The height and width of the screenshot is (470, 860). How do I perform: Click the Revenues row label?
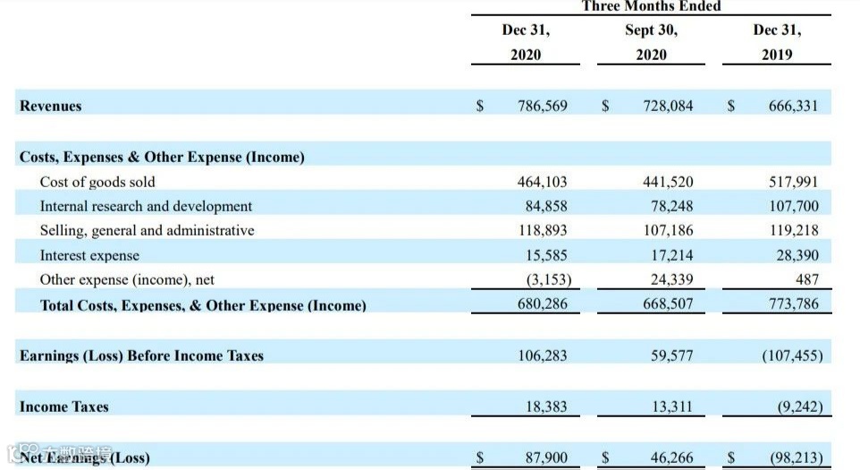pos(51,106)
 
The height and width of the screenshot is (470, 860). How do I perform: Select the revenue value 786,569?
pos(542,106)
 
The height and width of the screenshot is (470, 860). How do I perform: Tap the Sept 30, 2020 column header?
pos(651,42)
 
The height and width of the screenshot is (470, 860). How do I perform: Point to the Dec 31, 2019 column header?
pos(777,42)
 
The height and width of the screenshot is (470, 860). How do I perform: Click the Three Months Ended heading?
pos(651,6)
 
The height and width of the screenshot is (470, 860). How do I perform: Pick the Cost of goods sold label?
pos(97,182)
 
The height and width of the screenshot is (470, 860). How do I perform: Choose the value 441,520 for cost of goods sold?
pos(668,182)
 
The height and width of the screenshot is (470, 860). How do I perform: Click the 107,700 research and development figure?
pos(793,206)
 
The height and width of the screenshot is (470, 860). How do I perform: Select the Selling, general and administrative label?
pos(147,230)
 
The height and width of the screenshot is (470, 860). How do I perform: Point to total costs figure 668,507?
pos(668,304)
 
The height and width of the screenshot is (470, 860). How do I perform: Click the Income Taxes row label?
pos(64,406)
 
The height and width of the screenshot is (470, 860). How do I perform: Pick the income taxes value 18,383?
pos(545,406)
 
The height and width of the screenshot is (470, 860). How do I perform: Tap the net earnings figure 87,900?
pos(545,458)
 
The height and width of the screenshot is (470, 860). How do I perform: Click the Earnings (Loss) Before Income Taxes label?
pos(141,355)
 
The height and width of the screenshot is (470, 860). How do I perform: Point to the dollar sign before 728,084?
pos(605,106)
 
